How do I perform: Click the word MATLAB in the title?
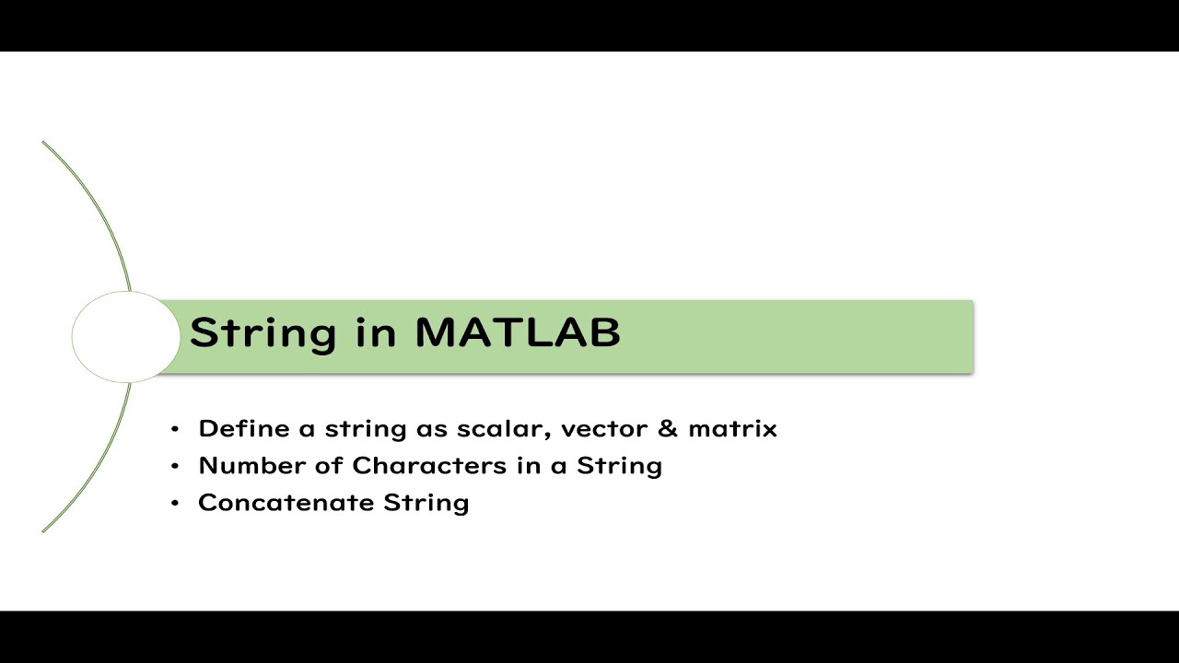pyautogui.click(x=518, y=332)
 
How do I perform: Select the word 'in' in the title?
pyautogui.click(x=376, y=332)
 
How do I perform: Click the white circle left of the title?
pyautogui.click(x=126, y=337)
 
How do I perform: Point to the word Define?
pyautogui.click(x=244, y=428)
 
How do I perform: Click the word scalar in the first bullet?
pyautogui.click(x=504, y=429)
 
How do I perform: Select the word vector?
pyautogui.click(x=605, y=429)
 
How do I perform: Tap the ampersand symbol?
pyautogui.click(x=668, y=428)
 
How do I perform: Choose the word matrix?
pyautogui.click(x=732, y=429)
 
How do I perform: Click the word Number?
pyautogui.click(x=252, y=466)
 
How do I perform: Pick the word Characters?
pyautogui.click(x=429, y=466)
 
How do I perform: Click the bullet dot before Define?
pyautogui.click(x=175, y=429)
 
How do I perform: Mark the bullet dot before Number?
pyautogui.click(x=175, y=466)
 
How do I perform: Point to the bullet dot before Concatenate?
pyautogui.click(x=175, y=504)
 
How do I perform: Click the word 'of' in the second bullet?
pyautogui.click(x=329, y=466)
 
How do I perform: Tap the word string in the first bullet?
pyautogui.click(x=366, y=430)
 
